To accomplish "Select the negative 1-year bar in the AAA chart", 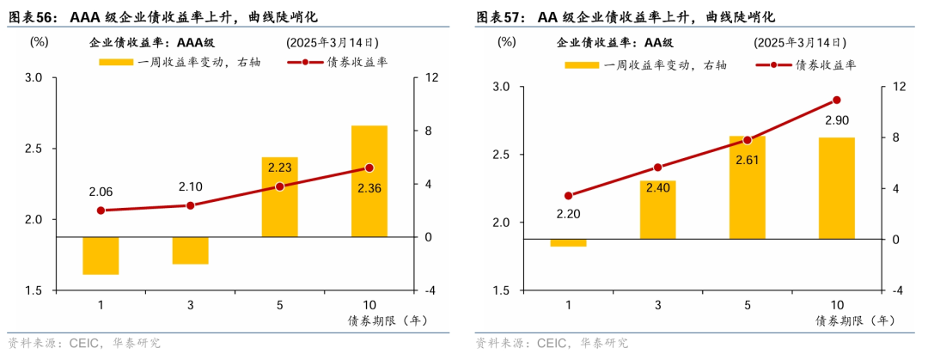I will coord(101,255).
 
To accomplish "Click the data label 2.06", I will coord(101,192).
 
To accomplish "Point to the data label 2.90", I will coord(836,119).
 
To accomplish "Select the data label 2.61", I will coord(747,160).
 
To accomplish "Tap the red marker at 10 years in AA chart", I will coord(836,101).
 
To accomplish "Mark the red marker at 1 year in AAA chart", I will coord(101,211).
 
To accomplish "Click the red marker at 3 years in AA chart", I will coord(657,168).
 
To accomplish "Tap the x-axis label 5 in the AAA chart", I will coord(279,306).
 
